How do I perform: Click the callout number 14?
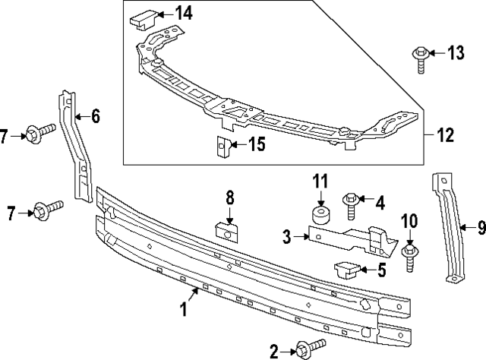pyautogui.click(x=184, y=12)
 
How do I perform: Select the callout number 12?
pyautogui.click(x=445, y=136)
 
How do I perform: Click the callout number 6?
pyautogui.click(x=96, y=116)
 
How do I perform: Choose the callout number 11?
pyautogui.click(x=320, y=182)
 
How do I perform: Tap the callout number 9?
pyautogui.click(x=481, y=226)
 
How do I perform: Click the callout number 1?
pyautogui.click(x=182, y=308)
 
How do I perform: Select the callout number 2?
pyautogui.click(x=274, y=350)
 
